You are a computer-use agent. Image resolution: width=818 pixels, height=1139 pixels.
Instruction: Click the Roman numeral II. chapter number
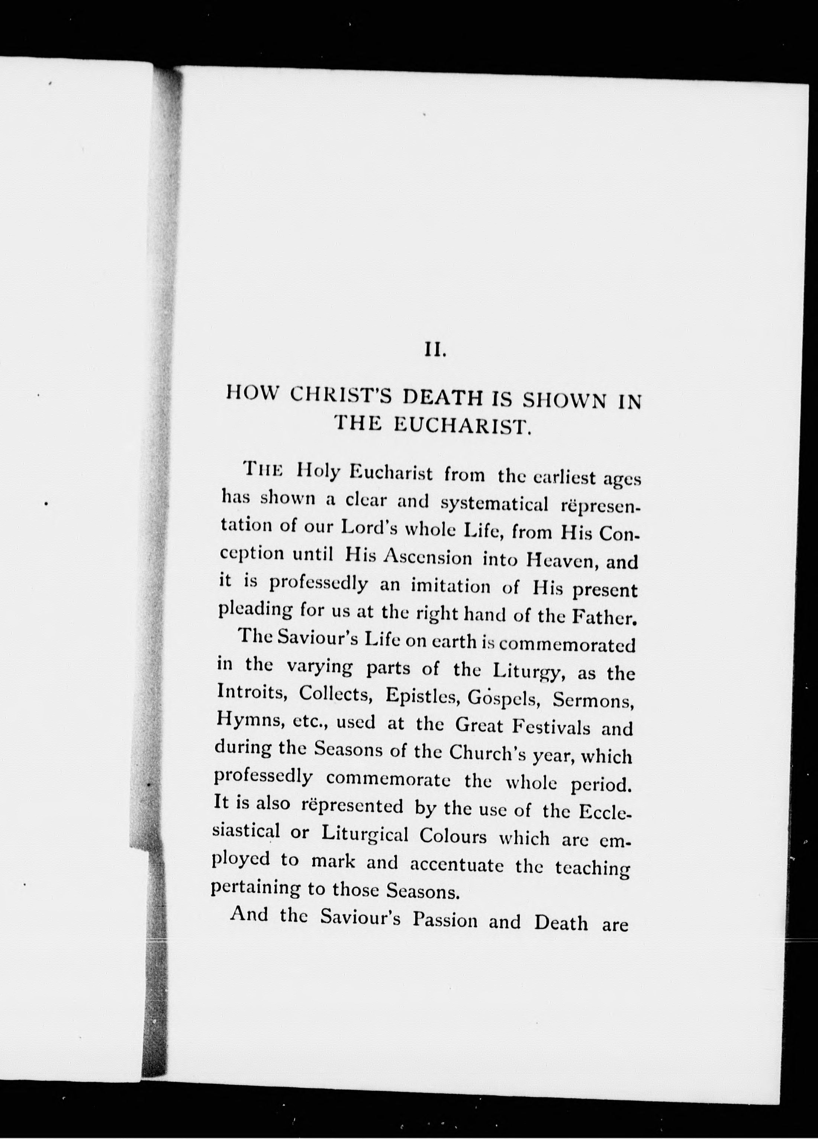(x=435, y=349)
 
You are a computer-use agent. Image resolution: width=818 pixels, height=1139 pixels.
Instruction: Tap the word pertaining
(x=255, y=888)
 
